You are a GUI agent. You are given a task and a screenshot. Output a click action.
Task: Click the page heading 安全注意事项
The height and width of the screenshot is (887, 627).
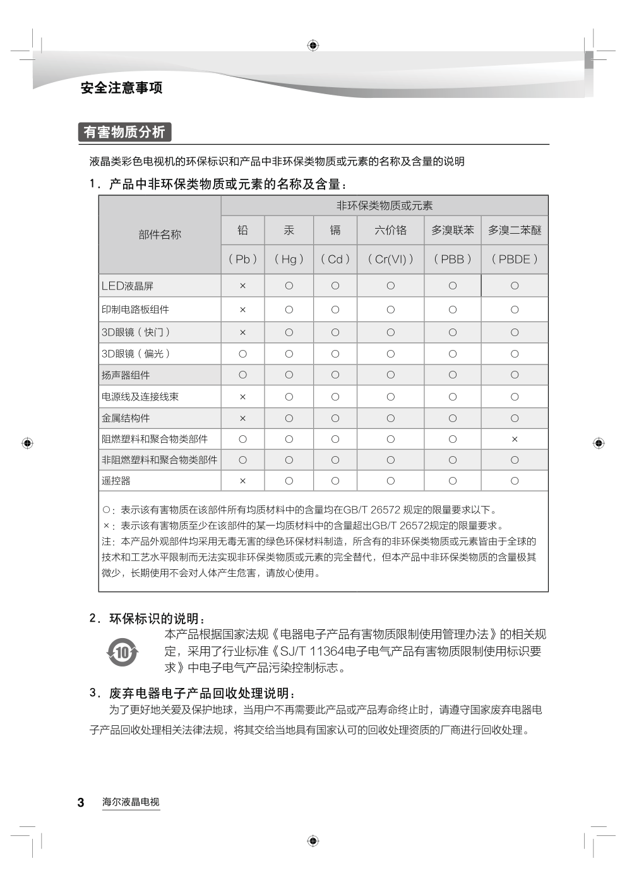point(121,88)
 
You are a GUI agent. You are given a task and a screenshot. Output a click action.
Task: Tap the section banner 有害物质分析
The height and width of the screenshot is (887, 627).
point(124,132)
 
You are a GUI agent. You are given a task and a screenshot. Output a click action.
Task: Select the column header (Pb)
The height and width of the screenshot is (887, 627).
point(242,259)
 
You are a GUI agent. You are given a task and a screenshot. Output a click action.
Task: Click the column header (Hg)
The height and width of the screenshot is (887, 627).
point(289,259)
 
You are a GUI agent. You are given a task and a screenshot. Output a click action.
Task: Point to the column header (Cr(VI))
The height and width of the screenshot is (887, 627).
point(390,259)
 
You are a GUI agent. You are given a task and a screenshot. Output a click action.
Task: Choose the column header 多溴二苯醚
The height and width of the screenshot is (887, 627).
point(515,231)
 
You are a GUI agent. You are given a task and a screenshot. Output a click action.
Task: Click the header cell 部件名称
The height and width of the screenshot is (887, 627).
point(160,234)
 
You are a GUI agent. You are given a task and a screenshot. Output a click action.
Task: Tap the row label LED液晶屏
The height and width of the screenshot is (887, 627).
point(128,286)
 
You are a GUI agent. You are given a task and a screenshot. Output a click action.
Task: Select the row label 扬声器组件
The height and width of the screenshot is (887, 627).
point(126,375)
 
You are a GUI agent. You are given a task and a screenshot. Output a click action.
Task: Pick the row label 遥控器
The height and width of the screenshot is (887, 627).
point(116,481)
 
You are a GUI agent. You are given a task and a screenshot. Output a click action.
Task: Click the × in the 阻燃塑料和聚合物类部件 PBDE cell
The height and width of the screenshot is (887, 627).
point(515,439)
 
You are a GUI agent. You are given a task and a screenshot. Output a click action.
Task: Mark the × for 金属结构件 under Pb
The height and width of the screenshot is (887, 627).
point(242,418)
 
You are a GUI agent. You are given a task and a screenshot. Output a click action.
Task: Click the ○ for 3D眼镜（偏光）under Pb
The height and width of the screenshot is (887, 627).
point(242,354)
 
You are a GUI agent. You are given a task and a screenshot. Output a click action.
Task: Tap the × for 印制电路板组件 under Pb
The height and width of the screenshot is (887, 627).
point(242,310)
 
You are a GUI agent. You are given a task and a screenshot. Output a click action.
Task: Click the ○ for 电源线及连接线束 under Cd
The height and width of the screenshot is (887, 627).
point(335,397)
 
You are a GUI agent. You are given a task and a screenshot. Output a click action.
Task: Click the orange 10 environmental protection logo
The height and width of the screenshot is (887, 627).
point(122,651)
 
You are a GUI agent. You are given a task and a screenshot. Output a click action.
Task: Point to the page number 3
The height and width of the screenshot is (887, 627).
point(81,802)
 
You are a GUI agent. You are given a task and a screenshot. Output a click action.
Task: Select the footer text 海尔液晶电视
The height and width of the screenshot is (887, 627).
point(131,802)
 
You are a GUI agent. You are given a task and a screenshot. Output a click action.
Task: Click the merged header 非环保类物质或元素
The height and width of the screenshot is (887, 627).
point(385,205)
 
